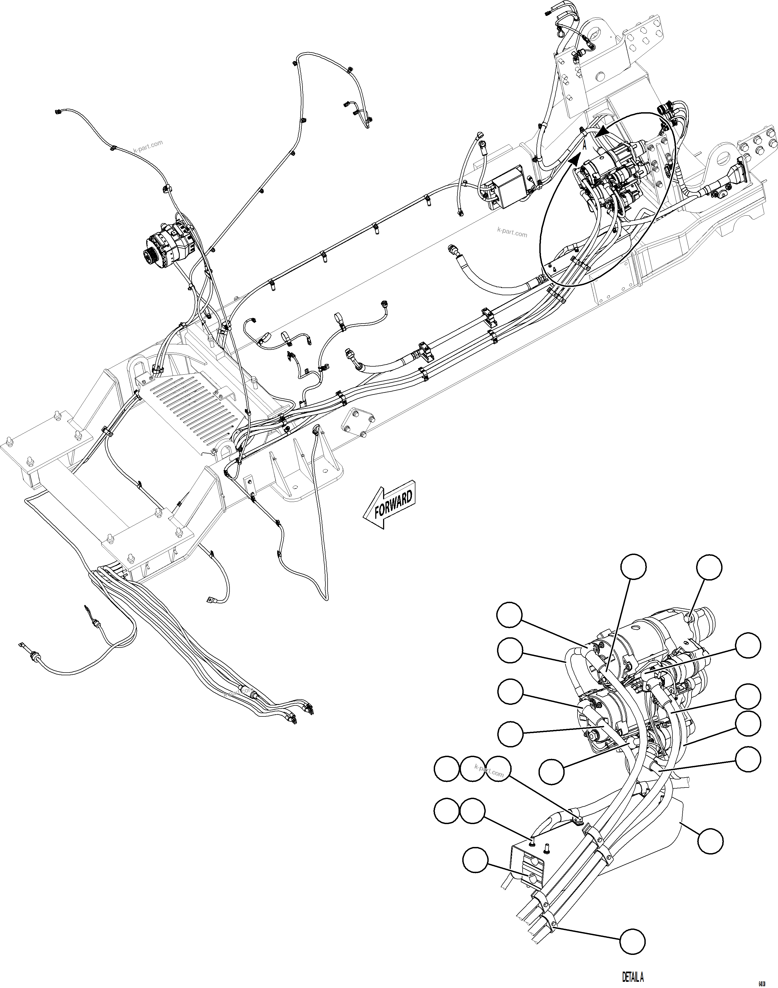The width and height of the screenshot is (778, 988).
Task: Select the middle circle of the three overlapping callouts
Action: point(472,769)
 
